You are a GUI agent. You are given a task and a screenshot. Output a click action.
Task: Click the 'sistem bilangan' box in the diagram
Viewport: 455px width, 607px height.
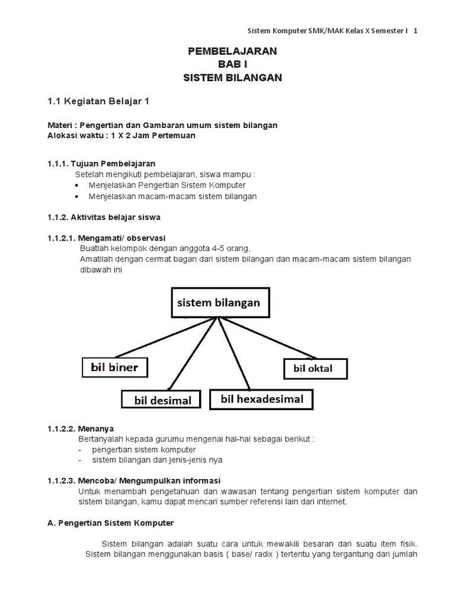click(219, 302)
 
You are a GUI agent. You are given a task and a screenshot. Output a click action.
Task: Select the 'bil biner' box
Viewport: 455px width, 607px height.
click(114, 368)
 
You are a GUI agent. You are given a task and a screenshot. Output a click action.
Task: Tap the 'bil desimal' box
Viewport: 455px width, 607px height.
click(163, 400)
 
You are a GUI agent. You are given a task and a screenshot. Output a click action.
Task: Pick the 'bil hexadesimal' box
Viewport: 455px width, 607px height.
click(262, 399)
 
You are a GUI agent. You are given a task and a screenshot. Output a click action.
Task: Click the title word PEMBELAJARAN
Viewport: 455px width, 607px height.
click(232, 52)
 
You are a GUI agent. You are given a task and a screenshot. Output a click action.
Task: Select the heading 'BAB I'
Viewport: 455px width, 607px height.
click(232, 65)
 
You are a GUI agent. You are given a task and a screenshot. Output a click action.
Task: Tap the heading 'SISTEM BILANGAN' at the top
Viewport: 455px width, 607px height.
click(232, 78)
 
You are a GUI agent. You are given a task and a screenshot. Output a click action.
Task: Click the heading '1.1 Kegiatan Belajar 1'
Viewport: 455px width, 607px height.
click(99, 101)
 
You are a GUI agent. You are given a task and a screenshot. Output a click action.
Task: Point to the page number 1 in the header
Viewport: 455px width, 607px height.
click(415, 31)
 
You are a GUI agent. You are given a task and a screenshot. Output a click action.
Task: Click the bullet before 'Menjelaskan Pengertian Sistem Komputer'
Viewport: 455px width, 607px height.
click(78, 186)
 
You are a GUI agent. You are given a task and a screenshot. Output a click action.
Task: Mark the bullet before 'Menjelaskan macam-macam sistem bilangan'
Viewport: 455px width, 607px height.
click(78, 196)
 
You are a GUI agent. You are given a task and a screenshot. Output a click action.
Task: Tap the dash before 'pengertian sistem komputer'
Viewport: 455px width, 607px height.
click(80, 449)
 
